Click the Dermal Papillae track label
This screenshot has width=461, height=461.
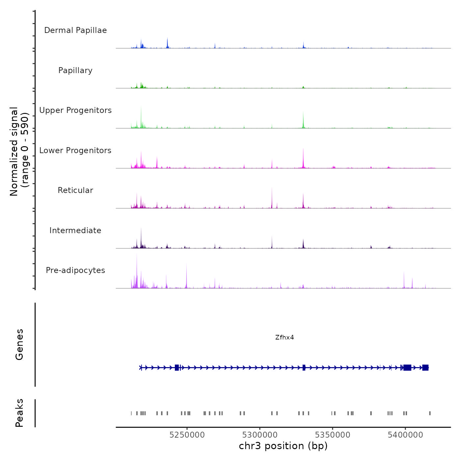[x=75, y=30]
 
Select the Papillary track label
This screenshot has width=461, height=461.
[x=75, y=70]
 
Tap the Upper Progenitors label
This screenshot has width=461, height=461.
[x=75, y=110]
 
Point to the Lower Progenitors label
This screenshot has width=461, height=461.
[x=75, y=150]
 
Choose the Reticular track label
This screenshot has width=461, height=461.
[x=75, y=190]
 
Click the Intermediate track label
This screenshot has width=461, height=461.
[x=75, y=230]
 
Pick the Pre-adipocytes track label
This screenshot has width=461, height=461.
[x=75, y=270]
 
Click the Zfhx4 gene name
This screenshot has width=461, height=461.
[x=285, y=338]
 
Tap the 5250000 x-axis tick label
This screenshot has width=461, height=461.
[x=187, y=435]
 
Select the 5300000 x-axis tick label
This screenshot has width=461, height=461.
[x=260, y=435]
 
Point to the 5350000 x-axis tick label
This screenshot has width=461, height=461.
[x=333, y=435]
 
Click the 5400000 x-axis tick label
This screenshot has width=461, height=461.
[x=405, y=435]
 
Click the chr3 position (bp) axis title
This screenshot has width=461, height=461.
[x=283, y=446]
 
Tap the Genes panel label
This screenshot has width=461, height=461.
[x=19, y=344]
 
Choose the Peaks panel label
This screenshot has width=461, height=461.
[x=19, y=413]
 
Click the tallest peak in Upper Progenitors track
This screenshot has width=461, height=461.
[x=141, y=109]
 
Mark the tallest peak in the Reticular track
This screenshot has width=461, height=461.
[x=272, y=189]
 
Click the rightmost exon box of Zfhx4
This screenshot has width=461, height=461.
[x=425, y=368]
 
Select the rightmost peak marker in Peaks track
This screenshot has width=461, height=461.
[x=430, y=413]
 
